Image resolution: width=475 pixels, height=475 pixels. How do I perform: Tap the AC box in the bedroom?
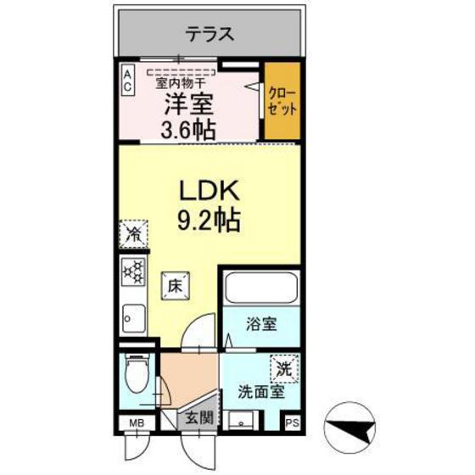126,80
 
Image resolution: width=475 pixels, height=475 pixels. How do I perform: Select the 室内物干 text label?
180,83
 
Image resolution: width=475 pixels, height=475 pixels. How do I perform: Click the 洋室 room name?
187,106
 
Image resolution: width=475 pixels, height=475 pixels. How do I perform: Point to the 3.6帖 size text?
187,130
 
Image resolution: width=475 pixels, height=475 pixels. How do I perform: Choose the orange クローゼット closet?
282,102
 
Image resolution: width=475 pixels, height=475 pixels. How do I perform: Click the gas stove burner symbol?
133,272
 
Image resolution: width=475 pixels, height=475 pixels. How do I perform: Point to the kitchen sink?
133,318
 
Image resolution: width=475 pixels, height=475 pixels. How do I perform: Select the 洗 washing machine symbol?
283,370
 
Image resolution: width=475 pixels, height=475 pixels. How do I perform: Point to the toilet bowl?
134,371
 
